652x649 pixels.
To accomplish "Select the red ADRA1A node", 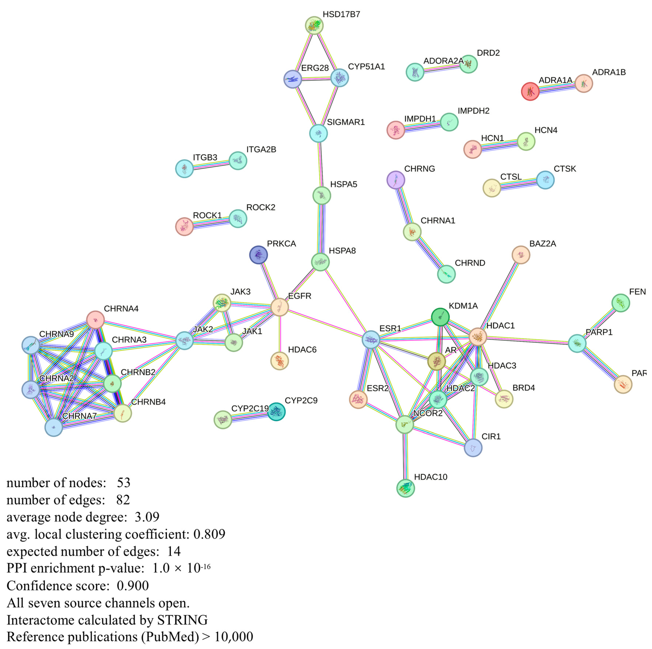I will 530,91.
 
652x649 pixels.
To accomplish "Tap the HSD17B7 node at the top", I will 314,25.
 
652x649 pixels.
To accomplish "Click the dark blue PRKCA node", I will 258,255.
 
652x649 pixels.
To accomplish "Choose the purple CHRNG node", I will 396,180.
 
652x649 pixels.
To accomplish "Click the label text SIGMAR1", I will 346,122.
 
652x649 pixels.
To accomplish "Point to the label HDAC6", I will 302,350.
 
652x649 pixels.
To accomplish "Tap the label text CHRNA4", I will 121,309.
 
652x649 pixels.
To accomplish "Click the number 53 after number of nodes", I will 124,483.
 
